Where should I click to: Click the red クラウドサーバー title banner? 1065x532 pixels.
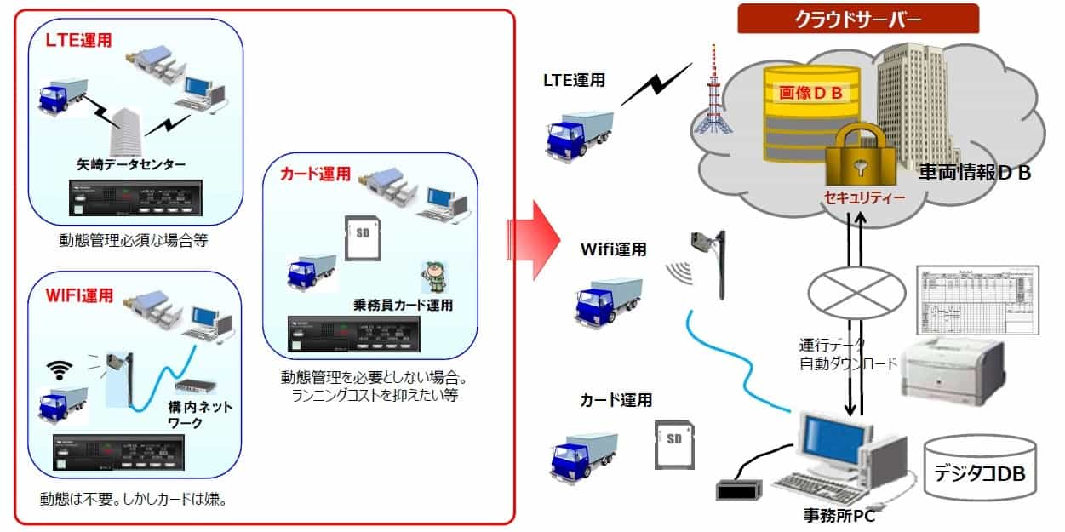[x=858, y=18]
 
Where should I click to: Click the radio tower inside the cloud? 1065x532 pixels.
[x=712, y=102]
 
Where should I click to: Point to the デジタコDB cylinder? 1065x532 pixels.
[x=980, y=468]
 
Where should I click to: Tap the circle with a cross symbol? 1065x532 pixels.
[x=855, y=289]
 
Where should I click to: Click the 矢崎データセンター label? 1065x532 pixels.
[x=132, y=164]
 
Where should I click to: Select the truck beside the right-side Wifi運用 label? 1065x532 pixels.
[x=608, y=297]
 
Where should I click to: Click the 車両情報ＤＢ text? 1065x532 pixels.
[x=975, y=174]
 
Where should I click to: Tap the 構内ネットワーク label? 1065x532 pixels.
[x=201, y=415]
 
